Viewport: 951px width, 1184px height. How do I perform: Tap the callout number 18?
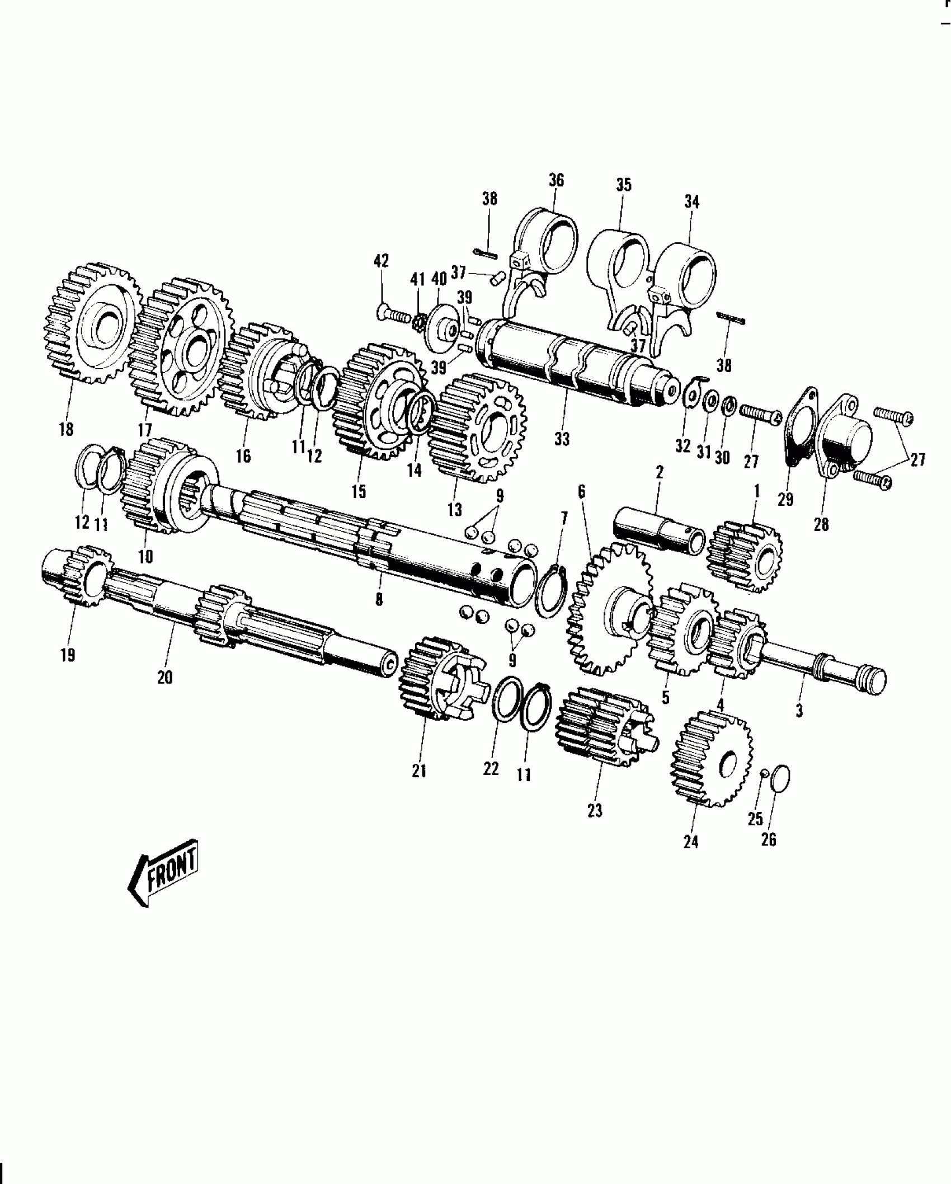66,430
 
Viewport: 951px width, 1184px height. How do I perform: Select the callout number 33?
562,439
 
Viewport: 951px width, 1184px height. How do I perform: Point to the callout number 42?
382,262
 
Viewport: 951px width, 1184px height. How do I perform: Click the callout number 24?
691,841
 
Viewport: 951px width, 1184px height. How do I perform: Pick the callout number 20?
165,677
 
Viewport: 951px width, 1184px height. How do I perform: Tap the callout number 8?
379,599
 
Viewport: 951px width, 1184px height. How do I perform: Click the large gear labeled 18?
92,325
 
